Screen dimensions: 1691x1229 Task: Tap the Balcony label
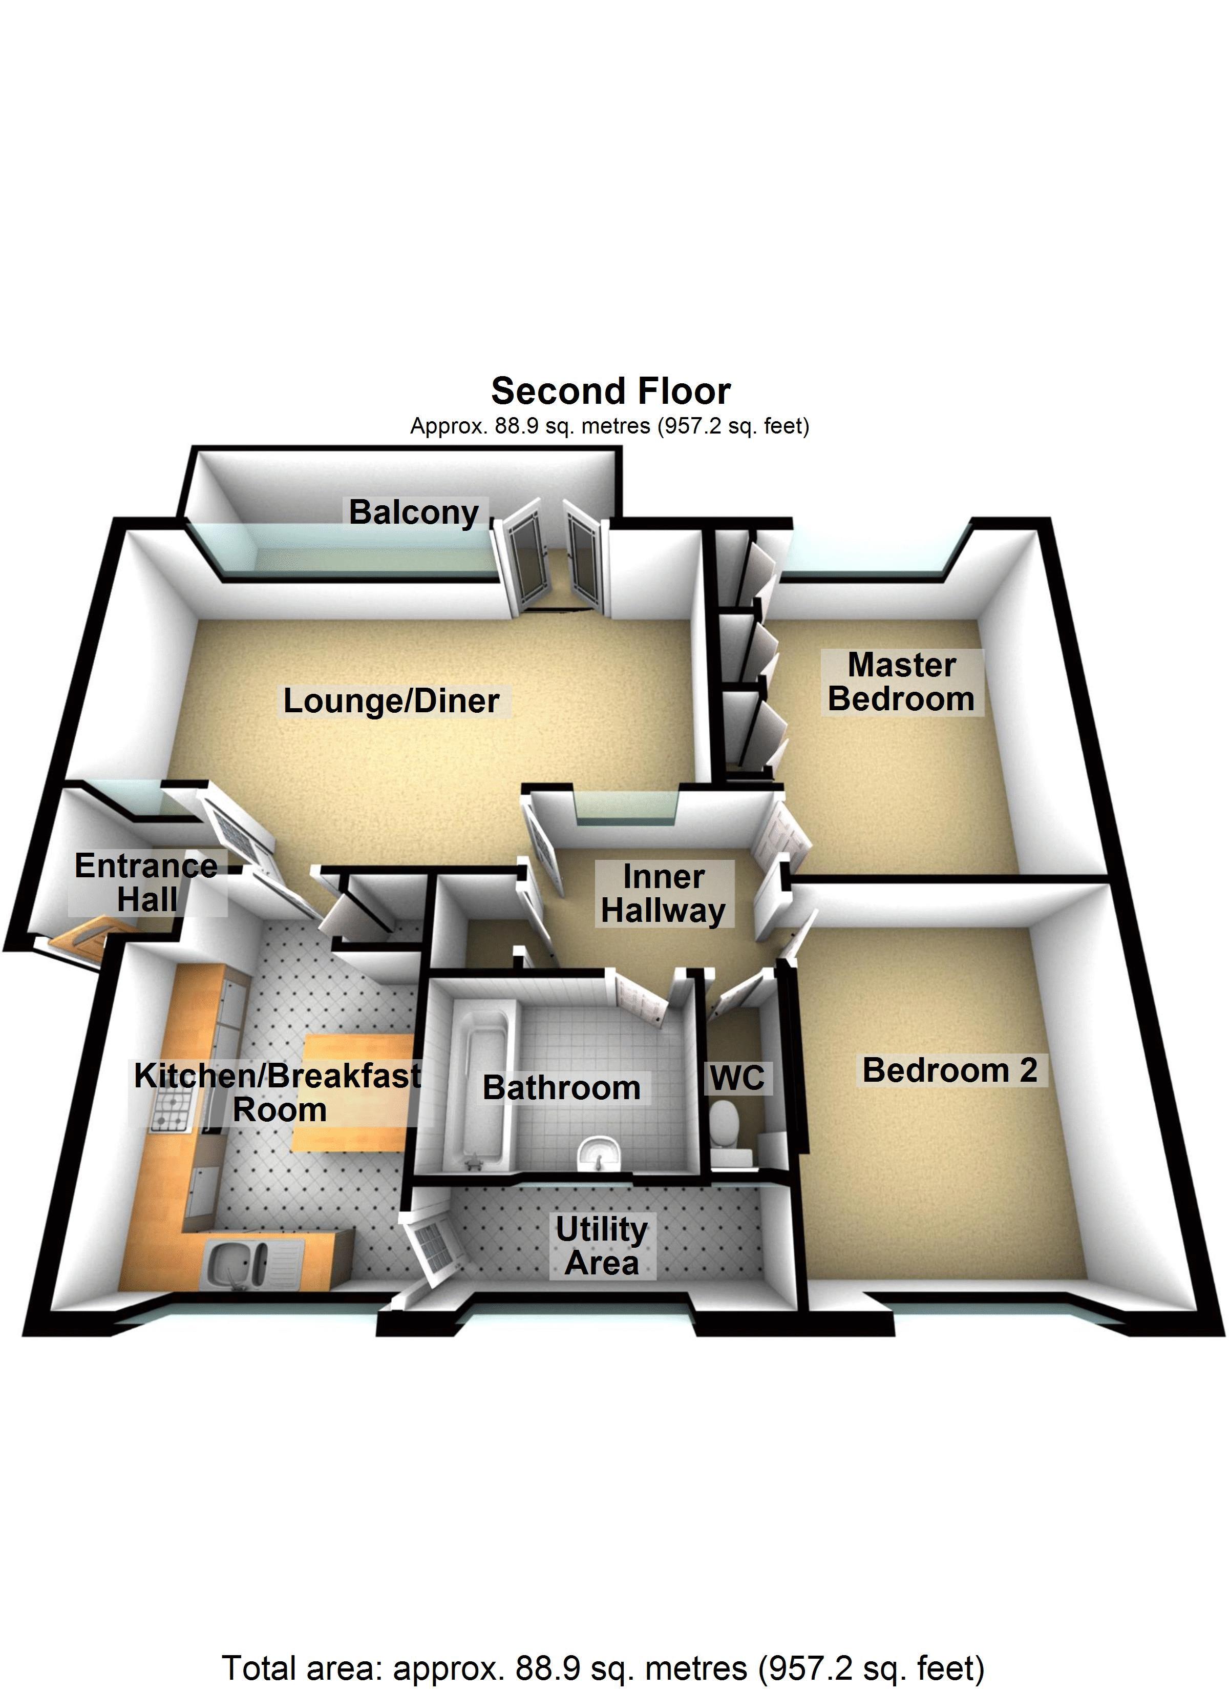tap(414, 513)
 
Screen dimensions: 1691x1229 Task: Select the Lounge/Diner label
tap(391, 701)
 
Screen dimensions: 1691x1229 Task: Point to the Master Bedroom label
tap(901, 682)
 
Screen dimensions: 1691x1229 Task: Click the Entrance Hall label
tap(147, 883)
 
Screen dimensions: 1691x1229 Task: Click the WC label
tap(737, 1078)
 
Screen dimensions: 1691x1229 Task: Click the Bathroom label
tap(562, 1088)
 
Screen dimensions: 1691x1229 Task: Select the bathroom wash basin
tap(599, 1152)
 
